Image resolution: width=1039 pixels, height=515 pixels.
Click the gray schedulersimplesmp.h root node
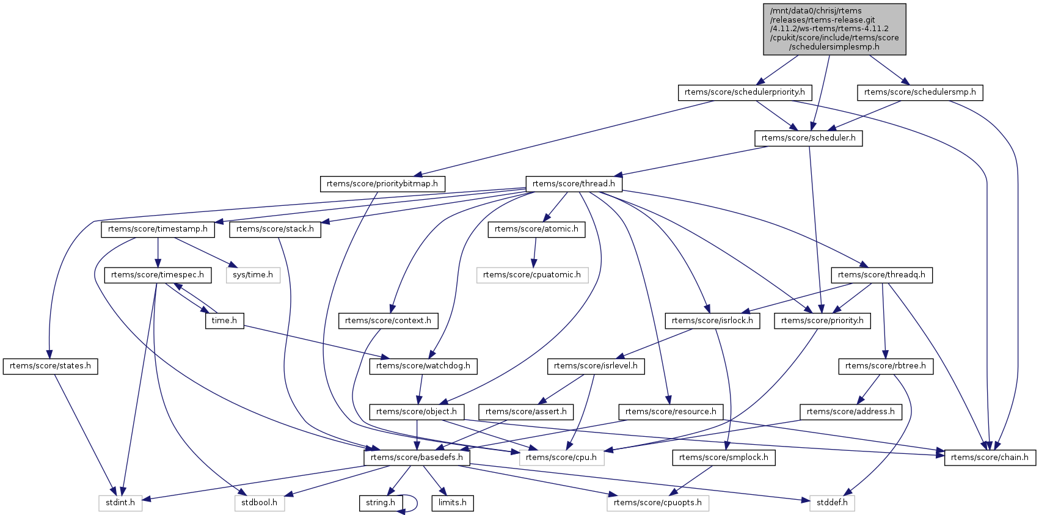tap(834, 29)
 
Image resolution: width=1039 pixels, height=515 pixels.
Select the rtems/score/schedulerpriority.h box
tap(745, 92)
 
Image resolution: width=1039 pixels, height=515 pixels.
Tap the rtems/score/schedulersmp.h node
tap(920, 92)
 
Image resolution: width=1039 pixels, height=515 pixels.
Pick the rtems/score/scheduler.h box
tap(808, 138)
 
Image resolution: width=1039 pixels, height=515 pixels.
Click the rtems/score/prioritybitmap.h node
tap(382, 184)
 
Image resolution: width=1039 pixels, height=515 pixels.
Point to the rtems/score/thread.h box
tap(574, 184)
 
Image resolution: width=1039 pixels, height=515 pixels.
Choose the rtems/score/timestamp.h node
tap(158, 229)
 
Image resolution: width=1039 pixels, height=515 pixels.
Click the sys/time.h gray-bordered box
tap(253, 275)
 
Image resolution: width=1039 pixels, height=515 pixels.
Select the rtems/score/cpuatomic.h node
tap(532, 275)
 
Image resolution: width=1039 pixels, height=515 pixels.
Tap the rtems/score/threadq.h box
tap(881, 275)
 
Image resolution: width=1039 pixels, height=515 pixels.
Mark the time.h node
tap(224, 321)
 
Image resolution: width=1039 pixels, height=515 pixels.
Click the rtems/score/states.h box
tap(50, 366)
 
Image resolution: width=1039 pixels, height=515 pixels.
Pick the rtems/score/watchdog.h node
tap(423, 366)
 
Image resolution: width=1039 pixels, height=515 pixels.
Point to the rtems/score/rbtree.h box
tap(886, 366)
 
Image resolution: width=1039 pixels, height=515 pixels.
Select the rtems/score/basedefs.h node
tap(417, 458)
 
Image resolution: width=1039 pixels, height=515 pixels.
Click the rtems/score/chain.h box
tap(990, 458)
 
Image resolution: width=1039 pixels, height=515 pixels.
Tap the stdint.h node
tap(120, 503)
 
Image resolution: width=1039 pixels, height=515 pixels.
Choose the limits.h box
tap(453, 503)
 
